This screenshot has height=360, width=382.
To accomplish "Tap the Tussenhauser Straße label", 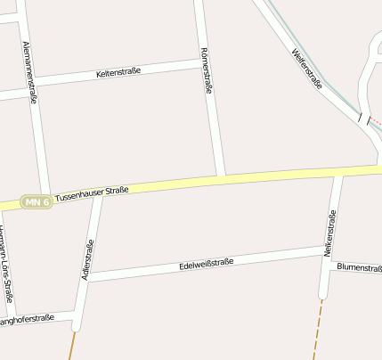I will coord(92,192).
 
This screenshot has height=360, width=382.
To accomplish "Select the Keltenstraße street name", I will coord(118,72).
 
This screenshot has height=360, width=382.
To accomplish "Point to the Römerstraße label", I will coord(207,70).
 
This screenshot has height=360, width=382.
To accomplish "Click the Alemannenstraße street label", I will coord(30,73).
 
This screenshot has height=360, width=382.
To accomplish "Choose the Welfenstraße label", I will coord(306,68).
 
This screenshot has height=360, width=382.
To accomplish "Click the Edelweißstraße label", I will coord(206,264).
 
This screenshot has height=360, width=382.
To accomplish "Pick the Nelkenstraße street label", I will coord(329,233).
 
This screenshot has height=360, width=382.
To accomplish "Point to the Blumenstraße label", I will coord(359,267).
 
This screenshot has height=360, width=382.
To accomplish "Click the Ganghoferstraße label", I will coord(27,319).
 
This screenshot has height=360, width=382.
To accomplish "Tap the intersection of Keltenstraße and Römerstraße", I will coord(202,62).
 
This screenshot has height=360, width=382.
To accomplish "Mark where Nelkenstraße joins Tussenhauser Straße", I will coord(338,171).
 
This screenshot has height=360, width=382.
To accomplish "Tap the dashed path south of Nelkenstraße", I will coord(317,330).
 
